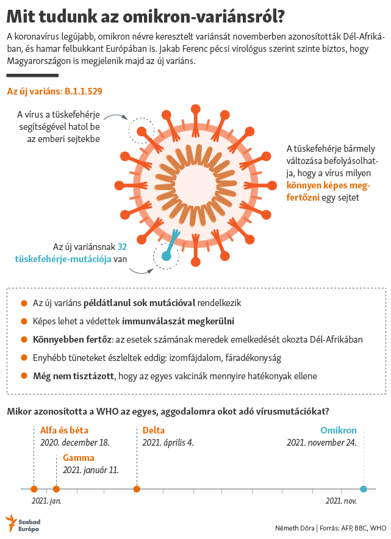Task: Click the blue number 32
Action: (x=122, y=247)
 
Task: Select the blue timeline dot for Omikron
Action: (x=364, y=488)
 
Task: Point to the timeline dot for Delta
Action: (x=137, y=488)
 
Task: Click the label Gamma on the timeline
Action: (x=79, y=458)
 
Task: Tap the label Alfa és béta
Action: (x=64, y=430)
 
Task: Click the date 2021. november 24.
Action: (x=321, y=443)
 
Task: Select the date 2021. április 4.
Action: (x=168, y=443)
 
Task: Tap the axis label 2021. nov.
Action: (x=340, y=501)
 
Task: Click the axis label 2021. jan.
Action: (x=46, y=501)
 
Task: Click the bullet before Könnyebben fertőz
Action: (x=24, y=339)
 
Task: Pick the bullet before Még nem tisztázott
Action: (x=24, y=376)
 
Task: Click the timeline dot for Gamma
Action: (x=56, y=488)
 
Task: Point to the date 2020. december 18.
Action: (x=74, y=443)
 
